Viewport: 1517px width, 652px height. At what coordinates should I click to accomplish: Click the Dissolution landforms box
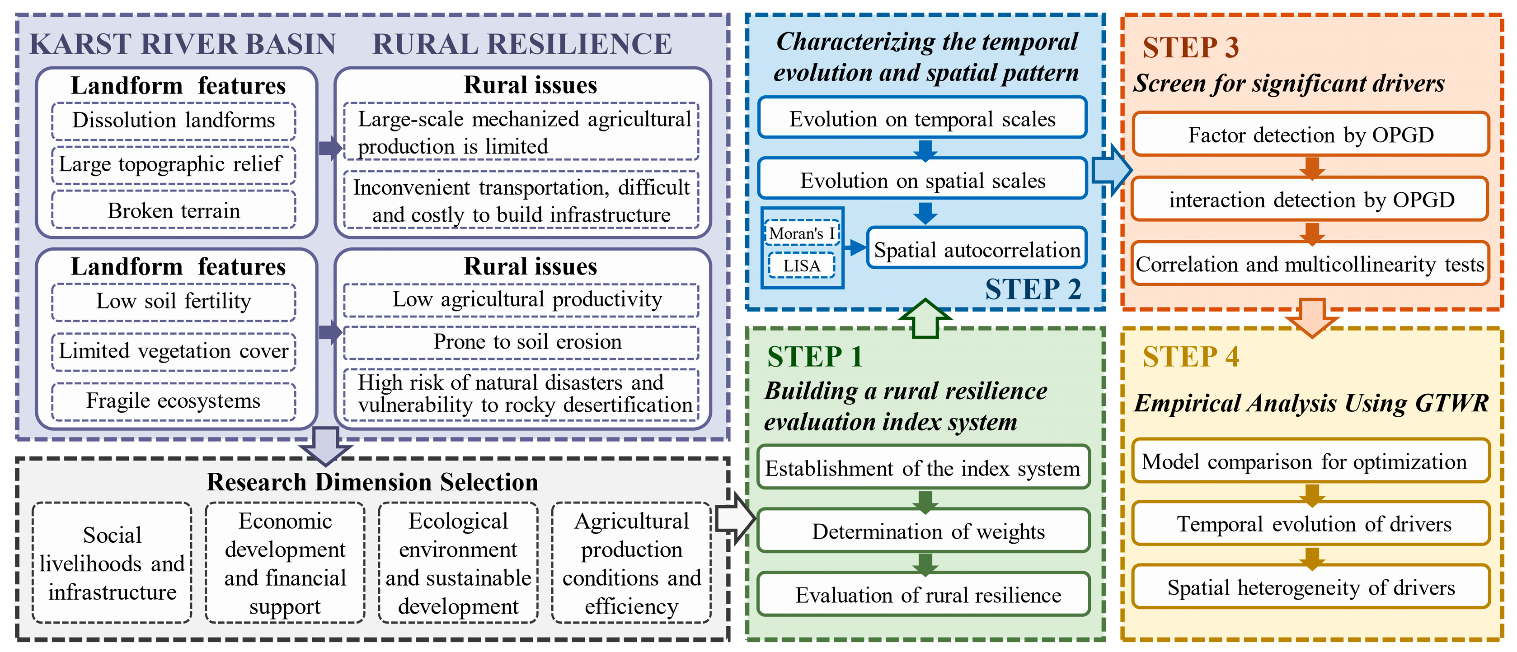[x=174, y=121]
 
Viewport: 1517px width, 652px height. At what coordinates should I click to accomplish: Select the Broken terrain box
[x=174, y=210]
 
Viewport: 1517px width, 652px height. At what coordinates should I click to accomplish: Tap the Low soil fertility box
[x=174, y=301]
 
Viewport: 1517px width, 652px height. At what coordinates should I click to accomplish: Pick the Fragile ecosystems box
[x=174, y=401]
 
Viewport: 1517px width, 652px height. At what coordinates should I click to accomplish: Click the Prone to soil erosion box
[x=521, y=342]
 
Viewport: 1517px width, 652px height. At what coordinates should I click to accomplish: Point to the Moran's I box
[x=802, y=233]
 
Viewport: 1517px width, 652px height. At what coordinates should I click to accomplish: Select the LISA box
[x=802, y=265]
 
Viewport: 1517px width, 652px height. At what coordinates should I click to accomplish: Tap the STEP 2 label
[x=1033, y=289]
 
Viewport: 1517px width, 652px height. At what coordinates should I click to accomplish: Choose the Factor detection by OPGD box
[x=1311, y=135]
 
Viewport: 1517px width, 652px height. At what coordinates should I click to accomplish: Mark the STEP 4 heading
[x=1190, y=357]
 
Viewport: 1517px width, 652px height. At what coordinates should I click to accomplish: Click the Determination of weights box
[x=923, y=531]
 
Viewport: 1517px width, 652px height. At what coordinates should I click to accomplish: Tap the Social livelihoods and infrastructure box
[x=112, y=563]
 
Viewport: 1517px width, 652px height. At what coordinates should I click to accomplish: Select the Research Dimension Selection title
[x=372, y=482]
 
